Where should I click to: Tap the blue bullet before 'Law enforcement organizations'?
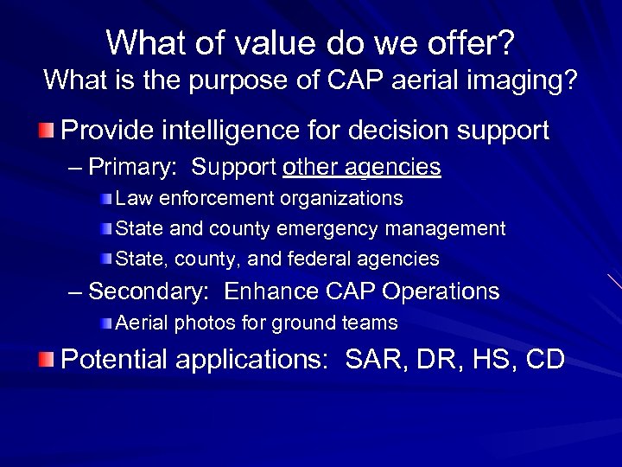105,199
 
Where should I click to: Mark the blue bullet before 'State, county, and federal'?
105,259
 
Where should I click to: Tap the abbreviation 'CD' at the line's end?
543,359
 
